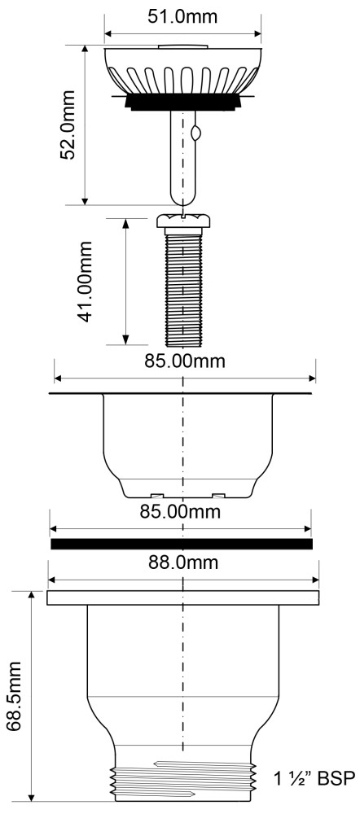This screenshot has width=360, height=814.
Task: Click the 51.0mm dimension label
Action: pos(182,16)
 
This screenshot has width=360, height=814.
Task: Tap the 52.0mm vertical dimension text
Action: pos(68,125)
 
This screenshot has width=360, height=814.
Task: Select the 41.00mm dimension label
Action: pos(84,282)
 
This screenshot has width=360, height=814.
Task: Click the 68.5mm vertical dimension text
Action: pos(14,696)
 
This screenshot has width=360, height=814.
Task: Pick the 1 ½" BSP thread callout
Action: pos(315,779)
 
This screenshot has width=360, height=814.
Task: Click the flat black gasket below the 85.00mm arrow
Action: pos(182,544)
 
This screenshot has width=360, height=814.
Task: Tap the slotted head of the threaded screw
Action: pos(183,221)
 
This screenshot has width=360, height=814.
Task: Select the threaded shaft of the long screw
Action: pos(183,289)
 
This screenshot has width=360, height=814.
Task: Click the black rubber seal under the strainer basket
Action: pos(183,101)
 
